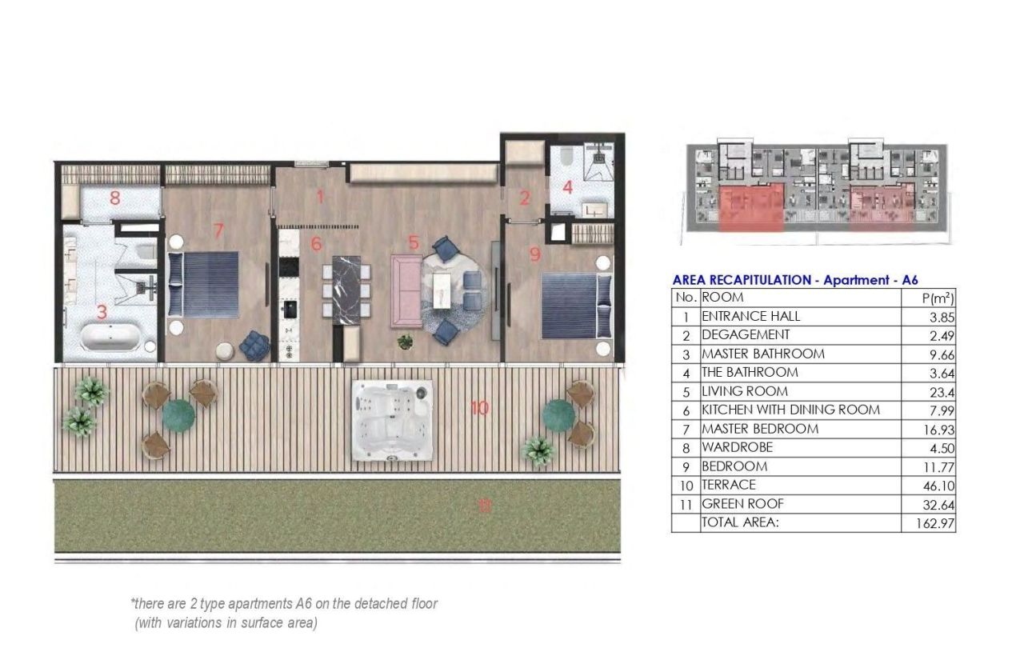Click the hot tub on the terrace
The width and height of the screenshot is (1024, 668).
392,419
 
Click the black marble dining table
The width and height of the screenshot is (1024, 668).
347,289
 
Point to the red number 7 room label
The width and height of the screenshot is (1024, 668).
218,230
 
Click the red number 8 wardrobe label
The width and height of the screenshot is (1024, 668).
114,198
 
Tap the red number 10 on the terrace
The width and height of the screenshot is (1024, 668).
479,408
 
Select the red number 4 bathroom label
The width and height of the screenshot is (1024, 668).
567,188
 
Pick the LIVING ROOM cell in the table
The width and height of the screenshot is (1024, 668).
745,391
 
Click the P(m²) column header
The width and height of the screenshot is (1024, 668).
938,298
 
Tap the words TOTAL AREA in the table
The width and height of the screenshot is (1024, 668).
740,522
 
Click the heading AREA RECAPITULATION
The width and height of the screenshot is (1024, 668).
742,280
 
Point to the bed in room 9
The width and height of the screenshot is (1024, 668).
572,305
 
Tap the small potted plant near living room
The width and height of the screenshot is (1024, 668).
406,342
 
